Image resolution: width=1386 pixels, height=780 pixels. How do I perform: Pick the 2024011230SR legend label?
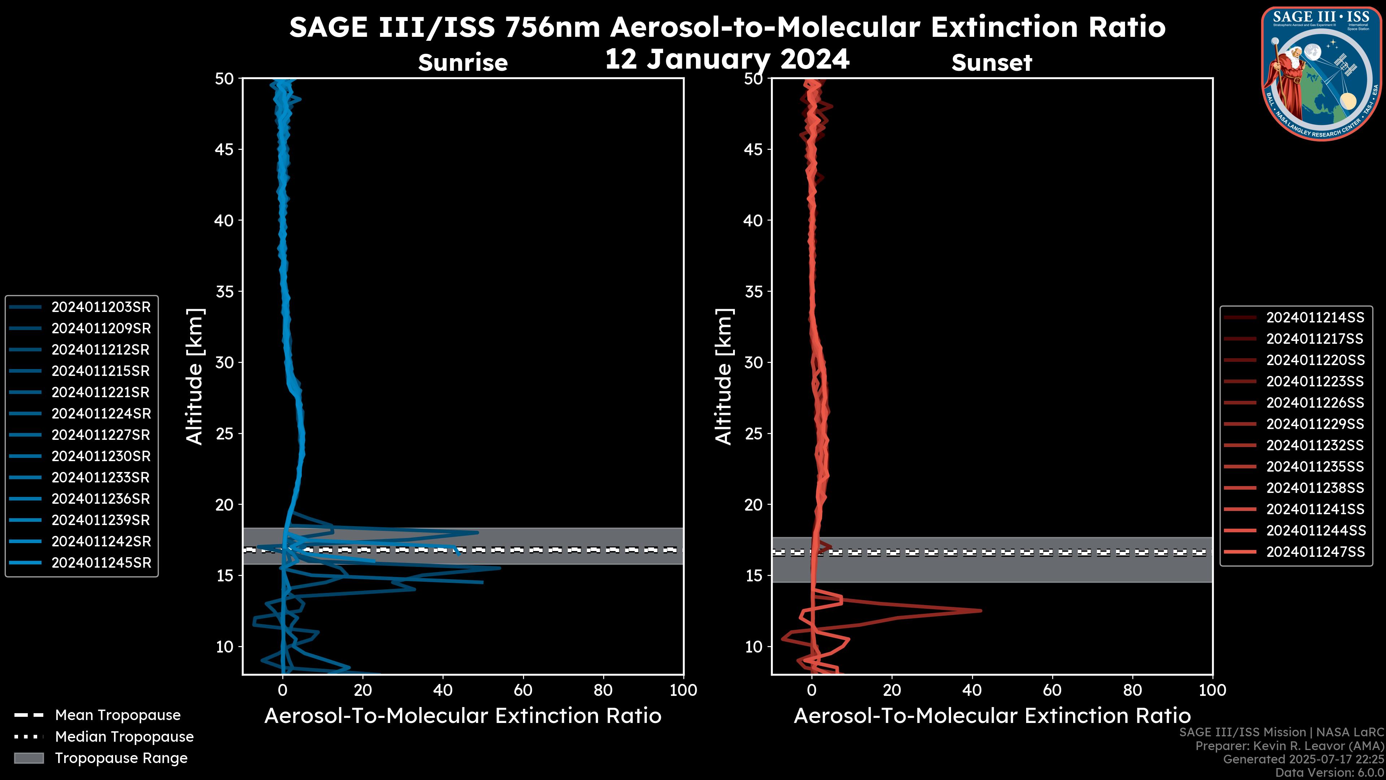click(x=101, y=456)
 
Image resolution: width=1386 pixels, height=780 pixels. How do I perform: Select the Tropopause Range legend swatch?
click(x=29, y=758)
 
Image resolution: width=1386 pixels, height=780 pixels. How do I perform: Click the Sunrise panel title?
click(x=463, y=62)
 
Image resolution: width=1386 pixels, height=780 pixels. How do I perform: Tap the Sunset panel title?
click(x=991, y=62)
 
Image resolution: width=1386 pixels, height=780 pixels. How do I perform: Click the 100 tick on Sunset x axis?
click(x=1212, y=690)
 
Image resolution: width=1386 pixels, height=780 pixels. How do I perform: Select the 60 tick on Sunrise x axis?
click(x=523, y=690)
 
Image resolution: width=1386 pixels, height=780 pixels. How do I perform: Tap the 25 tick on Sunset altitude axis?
click(x=753, y=433)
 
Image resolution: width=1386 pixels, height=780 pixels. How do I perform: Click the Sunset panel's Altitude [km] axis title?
click(x=724, y=376)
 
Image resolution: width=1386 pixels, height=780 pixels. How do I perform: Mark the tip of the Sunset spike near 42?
click(x=981, y=610)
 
